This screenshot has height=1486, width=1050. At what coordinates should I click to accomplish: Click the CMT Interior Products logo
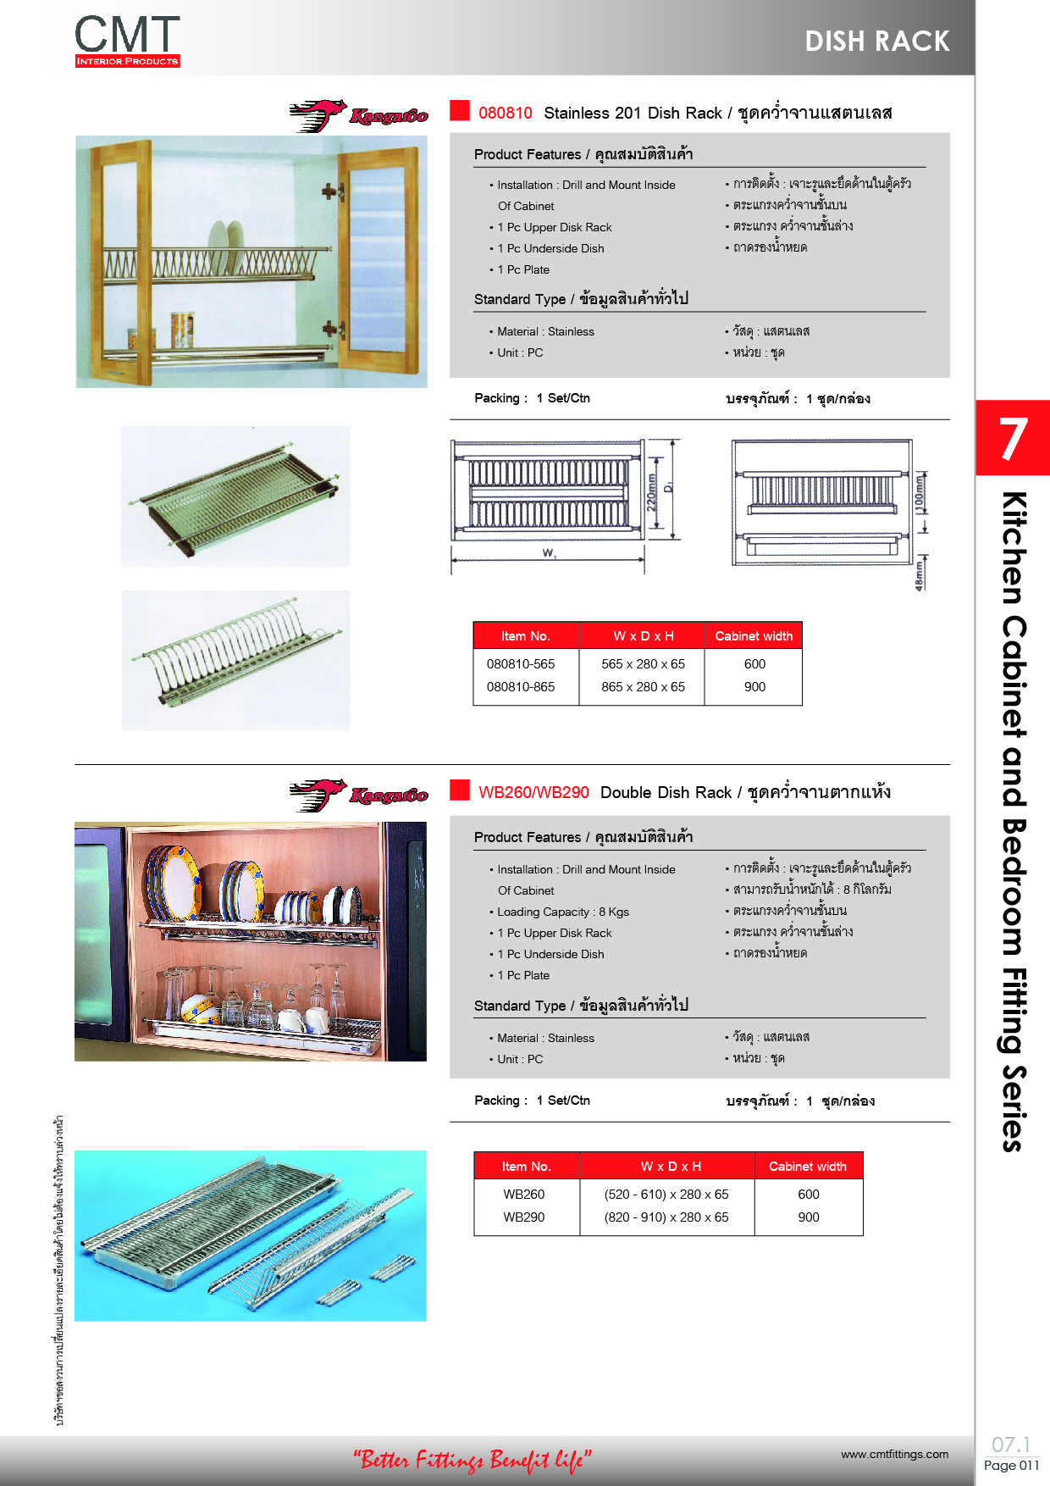point(127,41)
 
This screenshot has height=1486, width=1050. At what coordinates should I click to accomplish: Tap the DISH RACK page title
point(877,41)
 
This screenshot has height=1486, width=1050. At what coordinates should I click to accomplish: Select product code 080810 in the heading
point(506,113)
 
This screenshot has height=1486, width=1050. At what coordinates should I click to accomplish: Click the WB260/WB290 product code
point(533,792)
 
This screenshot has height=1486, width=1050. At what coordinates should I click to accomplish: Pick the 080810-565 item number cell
point(521,664)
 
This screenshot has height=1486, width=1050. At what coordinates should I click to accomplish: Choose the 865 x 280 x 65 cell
point(644,687)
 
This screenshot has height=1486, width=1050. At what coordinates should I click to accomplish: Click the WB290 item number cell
point(524,1217)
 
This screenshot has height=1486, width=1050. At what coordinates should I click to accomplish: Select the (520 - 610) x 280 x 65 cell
point(666,1195)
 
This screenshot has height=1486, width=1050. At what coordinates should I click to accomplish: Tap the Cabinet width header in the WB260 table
point(808,1167)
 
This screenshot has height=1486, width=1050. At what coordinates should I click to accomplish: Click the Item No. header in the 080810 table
point(526,636)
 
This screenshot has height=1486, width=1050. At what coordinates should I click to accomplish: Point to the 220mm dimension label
point(651,492)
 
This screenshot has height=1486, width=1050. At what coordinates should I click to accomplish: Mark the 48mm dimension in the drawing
point(920,575)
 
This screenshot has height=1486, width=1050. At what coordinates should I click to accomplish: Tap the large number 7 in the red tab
point(1013,438)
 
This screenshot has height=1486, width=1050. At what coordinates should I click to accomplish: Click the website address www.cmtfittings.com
point(895,1455)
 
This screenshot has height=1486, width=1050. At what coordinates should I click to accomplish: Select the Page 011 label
point(1011,1466)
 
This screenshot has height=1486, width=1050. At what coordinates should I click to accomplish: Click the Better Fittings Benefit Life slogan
point(472,1460)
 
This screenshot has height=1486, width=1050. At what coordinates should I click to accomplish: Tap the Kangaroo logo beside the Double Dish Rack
point(359,796)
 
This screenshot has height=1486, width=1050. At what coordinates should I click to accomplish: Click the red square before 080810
point(460,111)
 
